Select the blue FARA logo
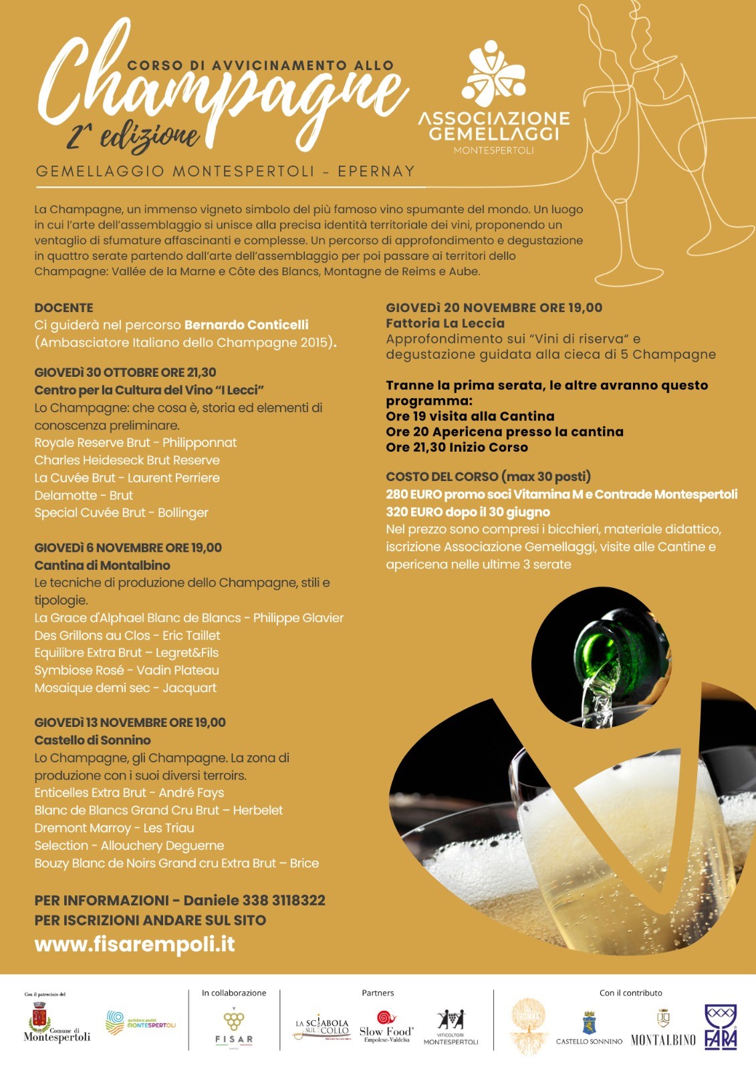tap(721, 1027)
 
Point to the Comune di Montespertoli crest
tap(39, 1019)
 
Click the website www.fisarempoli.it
tap(134, 944)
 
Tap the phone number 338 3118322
tap(283, 900)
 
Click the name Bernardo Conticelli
tap(246, 325)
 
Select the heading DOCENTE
tap(64, 308)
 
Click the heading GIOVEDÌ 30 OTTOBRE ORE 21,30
tap(125, 372)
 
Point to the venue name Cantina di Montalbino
tap(102, 565)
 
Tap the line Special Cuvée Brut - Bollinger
tap(121, 512)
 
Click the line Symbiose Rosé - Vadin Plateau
tap(126, 670)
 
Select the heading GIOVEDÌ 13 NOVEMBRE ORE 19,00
tap(130, 722)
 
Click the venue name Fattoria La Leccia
tap(445, 323)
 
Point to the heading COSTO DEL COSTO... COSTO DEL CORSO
tap(488, 476)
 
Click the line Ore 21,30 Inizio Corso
tap(457, 447)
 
